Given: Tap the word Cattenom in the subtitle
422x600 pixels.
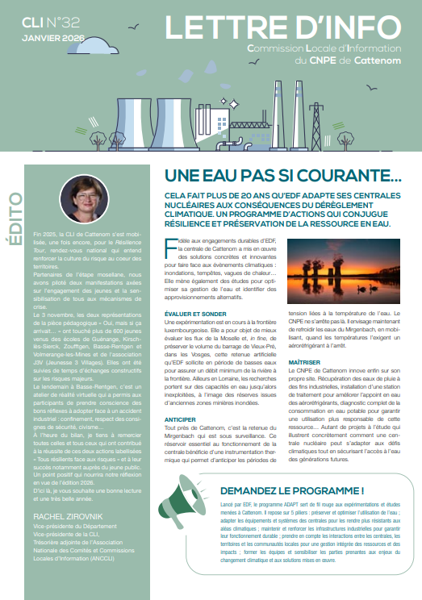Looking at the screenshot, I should (377, 60).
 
